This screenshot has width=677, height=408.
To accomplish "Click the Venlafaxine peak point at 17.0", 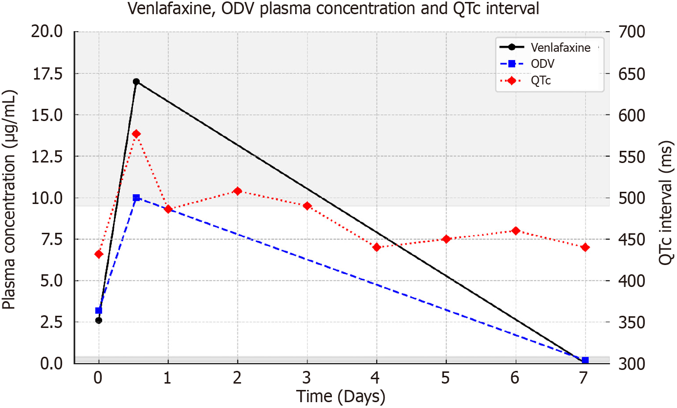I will [136, 82].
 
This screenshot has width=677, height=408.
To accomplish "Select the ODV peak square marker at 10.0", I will [136, 198].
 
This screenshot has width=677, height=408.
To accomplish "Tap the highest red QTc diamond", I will [136, 134].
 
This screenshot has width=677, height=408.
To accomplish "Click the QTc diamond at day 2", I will [238, 191].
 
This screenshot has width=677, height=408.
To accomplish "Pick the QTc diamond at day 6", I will [516, 230].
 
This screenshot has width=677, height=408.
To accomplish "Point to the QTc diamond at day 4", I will [376, 247].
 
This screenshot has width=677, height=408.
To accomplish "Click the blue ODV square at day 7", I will [585, 360].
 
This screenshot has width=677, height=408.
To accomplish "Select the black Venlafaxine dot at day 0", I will [99, 321].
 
